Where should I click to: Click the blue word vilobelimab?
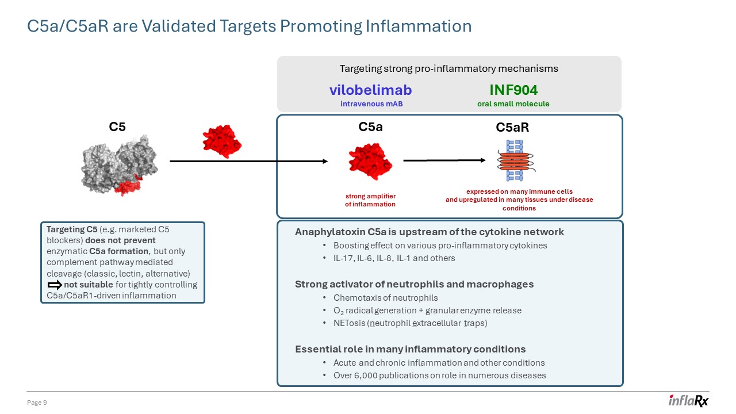tap(370, 90)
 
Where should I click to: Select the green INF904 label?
tap(513, 90)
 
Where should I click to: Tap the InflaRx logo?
tap(688, 401)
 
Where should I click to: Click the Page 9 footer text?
tap(37, 403)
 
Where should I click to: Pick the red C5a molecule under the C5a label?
tap(370, 161)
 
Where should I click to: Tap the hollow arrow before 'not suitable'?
tap(55, 285)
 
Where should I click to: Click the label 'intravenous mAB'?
tap(370, 104)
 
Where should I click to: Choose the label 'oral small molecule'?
tap(513, 104)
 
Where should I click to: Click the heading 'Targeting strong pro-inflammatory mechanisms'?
tap(448, 68)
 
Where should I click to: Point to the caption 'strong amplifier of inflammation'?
tap(370, 200)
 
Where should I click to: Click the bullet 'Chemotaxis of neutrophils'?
tap(385, 297)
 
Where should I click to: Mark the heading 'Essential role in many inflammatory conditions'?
tap(410, 349)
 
